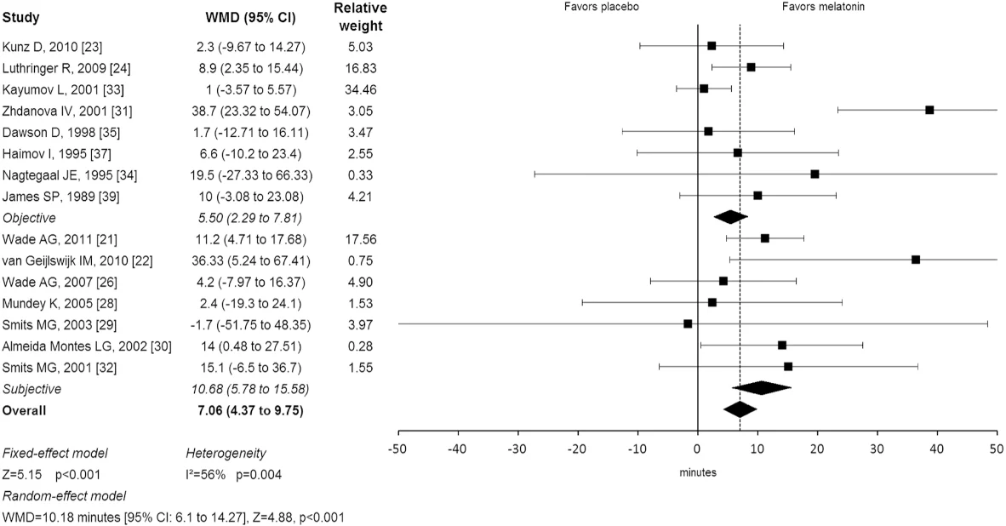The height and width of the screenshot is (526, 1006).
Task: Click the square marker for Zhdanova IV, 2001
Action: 929,110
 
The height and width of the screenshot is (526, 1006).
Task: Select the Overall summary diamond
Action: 740,409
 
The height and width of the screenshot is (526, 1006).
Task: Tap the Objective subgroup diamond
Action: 730,217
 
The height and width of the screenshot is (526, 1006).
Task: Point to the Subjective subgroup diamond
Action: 762,388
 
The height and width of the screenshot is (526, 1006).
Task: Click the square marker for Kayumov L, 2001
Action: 704,89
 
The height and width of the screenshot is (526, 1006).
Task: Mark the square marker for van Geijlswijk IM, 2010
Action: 916,260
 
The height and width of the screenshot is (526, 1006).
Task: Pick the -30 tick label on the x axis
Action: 517,449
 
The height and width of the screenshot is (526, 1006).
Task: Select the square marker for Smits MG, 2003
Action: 688,323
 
